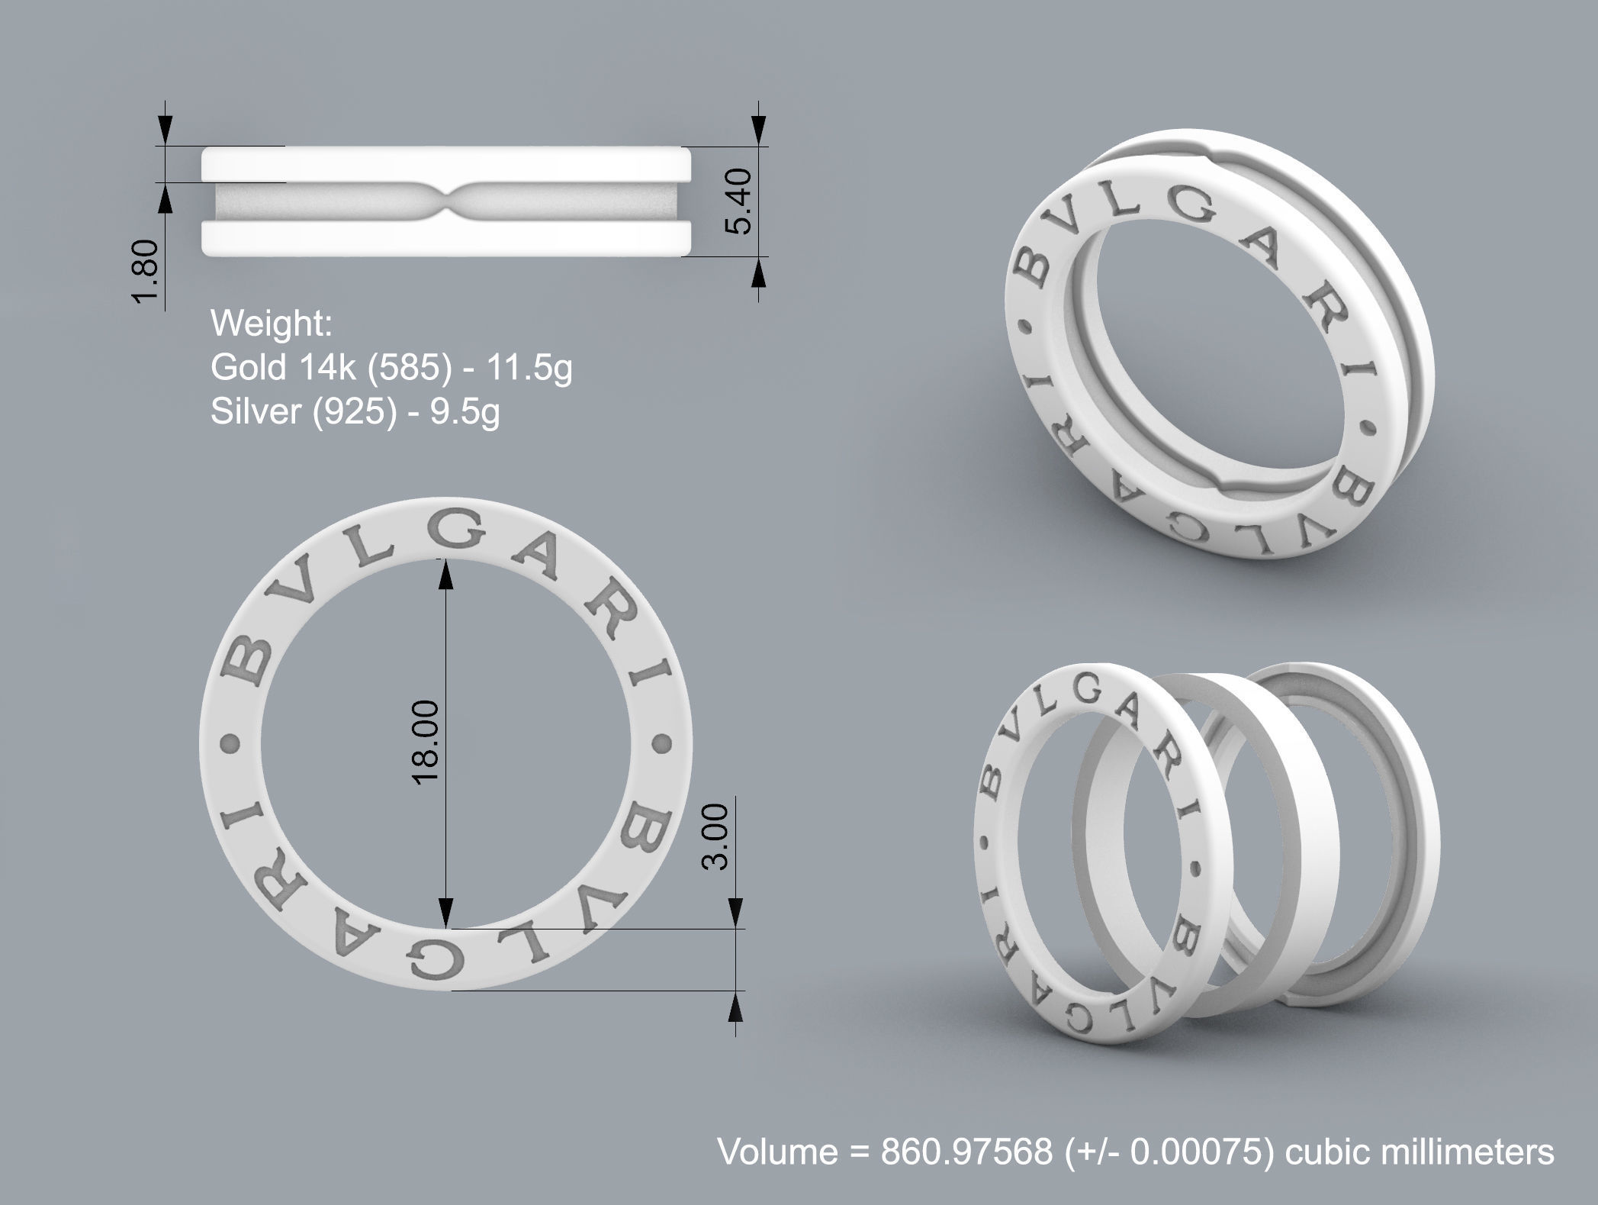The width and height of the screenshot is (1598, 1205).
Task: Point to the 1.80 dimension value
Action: [x=146, y=270]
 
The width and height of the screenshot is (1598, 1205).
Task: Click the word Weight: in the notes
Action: [x=272, y=324]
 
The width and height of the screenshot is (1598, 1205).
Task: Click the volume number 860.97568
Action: [x=966, y=1151]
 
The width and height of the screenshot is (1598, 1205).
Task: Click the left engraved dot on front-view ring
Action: [x=230, y=742]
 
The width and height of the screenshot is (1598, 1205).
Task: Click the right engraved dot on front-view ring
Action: [x=661, y=742]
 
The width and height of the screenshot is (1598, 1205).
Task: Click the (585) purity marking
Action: [x=405, y=368]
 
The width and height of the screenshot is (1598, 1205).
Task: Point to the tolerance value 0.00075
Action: [x=1194, y=1151]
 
